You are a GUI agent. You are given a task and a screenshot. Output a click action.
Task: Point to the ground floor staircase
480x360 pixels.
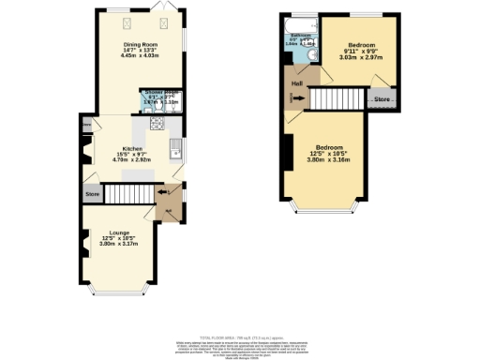pyautogui.click(x=126, y=193)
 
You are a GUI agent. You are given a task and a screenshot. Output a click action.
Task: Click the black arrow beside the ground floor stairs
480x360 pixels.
pyautogui.click(x=165, y=193)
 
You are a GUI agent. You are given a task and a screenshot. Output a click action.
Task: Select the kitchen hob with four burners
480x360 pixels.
pyautogui.click(x=154, y=122)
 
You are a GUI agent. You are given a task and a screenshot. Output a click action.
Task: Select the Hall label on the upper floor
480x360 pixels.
pyautogui.click(x=295, y=83)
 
